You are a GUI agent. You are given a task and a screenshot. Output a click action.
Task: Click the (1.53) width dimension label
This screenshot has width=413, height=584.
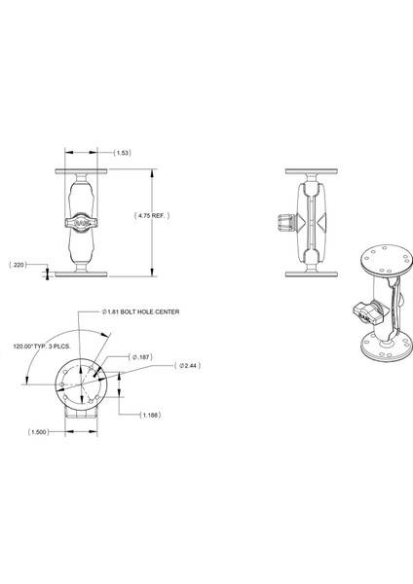coord(123,153)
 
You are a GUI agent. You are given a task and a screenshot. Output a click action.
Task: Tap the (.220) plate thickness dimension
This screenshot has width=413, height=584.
coord(18,264)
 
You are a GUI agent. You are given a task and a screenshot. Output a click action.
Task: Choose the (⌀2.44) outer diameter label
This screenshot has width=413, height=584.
coord(185,366)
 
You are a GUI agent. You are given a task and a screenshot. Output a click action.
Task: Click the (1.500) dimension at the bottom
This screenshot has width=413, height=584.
coord(39,431)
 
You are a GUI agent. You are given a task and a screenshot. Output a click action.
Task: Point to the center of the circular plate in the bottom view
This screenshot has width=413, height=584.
coord(81,381)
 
